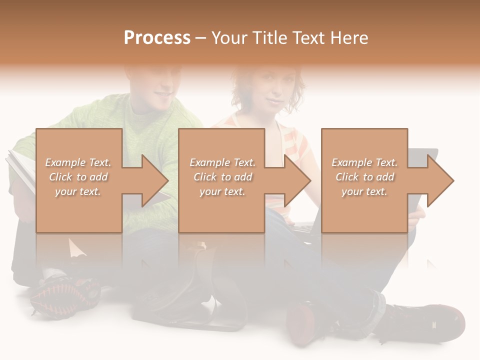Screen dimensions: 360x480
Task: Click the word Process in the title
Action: point(157,37)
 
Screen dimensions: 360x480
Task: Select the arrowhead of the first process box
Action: point(154,180)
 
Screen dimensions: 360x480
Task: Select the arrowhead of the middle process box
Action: point(297,180)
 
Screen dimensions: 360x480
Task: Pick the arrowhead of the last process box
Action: point(440,180)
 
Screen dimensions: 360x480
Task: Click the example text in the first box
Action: point(78,177)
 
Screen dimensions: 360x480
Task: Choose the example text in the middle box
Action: point(222,177)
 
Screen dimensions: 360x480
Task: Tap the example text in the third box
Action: point(364,177)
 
